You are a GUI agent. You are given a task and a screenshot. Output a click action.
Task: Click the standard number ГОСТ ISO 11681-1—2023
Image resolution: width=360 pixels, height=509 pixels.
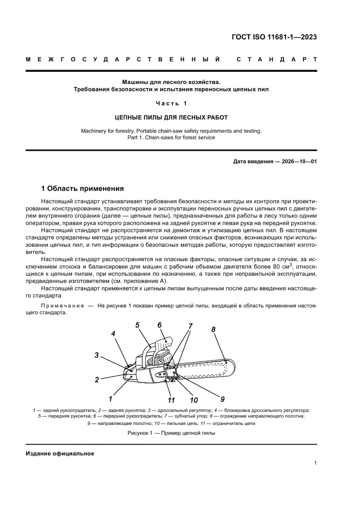click(274, 37)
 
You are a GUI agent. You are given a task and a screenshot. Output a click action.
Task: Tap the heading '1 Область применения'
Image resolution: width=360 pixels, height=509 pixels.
click(82, 189)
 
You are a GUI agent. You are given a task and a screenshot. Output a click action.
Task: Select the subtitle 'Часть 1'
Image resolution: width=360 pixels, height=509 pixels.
click(171, 103)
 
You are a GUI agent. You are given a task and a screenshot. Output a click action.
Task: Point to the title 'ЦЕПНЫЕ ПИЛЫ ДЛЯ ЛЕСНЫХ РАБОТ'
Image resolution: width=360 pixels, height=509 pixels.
click(171, 117)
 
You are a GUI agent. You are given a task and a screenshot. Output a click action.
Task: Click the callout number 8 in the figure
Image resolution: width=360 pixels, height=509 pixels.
click(213, 330)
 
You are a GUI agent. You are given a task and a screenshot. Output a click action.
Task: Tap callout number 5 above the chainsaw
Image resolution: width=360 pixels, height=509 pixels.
click(137, 325)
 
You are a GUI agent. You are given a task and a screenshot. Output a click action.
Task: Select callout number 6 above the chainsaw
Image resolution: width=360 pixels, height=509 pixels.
click(159, 325)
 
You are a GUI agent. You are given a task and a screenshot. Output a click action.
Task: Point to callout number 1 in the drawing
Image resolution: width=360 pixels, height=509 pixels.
click(111, 398)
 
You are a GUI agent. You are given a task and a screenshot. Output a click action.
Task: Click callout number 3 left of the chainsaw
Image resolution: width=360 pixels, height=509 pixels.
click(97, 355)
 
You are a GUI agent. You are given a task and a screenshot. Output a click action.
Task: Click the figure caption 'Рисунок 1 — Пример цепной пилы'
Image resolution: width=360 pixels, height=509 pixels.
click(171, 433)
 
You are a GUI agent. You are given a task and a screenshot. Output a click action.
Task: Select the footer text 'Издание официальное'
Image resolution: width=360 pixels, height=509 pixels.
click(60, 453)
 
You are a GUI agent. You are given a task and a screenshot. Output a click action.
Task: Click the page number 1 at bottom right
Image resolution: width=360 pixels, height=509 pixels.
click(315, 463)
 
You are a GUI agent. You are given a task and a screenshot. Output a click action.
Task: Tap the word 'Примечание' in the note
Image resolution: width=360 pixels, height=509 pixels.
click(62, 306)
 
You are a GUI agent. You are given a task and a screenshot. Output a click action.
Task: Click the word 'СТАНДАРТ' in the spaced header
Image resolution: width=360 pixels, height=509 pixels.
click(276, 59)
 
